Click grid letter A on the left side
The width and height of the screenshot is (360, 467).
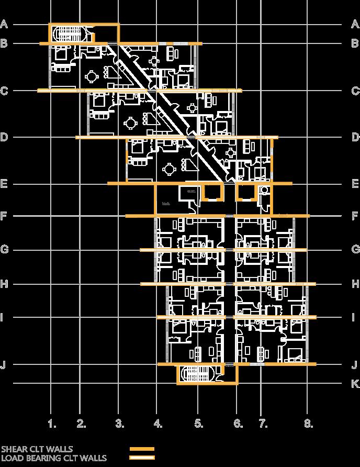click(4, 24)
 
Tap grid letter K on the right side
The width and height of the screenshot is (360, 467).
click(355, 384)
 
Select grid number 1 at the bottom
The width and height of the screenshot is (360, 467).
click(51, 422)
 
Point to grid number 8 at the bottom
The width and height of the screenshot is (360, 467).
click(308, 422)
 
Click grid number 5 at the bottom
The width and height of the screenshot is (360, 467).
click(198, 422)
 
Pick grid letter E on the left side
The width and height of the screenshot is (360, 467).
click(4, 184)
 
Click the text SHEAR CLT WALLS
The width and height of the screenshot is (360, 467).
click(37, 449)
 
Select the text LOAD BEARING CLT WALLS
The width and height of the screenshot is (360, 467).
click(53, 458)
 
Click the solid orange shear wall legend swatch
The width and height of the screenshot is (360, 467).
click(142, 449)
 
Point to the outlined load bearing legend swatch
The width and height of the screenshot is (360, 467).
click(142, 458)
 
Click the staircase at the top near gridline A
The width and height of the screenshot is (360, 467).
click(71, 34)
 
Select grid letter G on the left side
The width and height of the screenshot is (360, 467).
click(4, 249)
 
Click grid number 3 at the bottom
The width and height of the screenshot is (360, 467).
click(119, 422)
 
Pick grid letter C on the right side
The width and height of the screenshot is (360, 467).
click(355, 91)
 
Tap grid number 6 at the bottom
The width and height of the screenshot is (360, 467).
click(238, 422)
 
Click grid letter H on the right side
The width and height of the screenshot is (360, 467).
click(355, 284)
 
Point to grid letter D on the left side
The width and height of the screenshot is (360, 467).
click(4, 137)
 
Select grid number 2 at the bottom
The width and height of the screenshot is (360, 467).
click(81, 422)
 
